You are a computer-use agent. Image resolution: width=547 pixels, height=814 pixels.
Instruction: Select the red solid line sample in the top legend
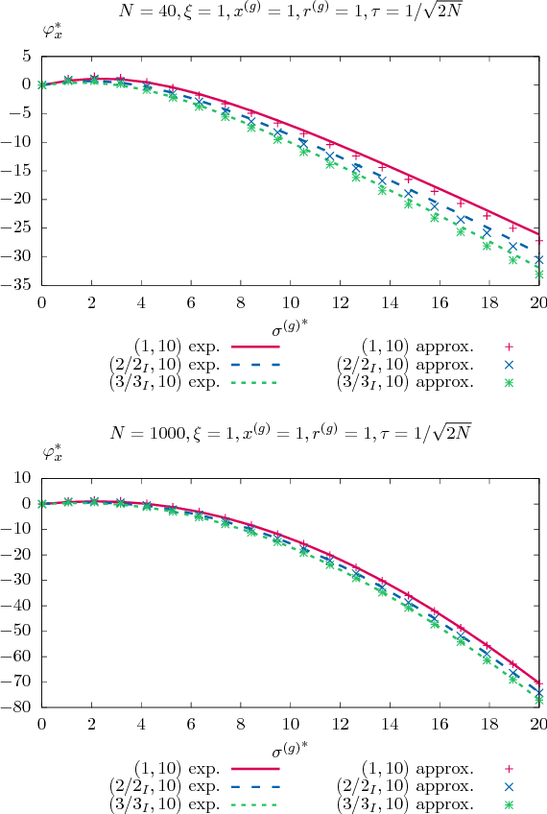(252, 348)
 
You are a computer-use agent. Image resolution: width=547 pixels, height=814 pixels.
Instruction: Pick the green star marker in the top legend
(510, 383)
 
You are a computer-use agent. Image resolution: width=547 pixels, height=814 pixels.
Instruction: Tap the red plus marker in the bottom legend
(510, 768)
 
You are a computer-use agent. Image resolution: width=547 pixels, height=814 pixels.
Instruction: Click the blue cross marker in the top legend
(510, 366)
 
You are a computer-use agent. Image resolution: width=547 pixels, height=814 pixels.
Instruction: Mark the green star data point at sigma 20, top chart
(538, 274)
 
